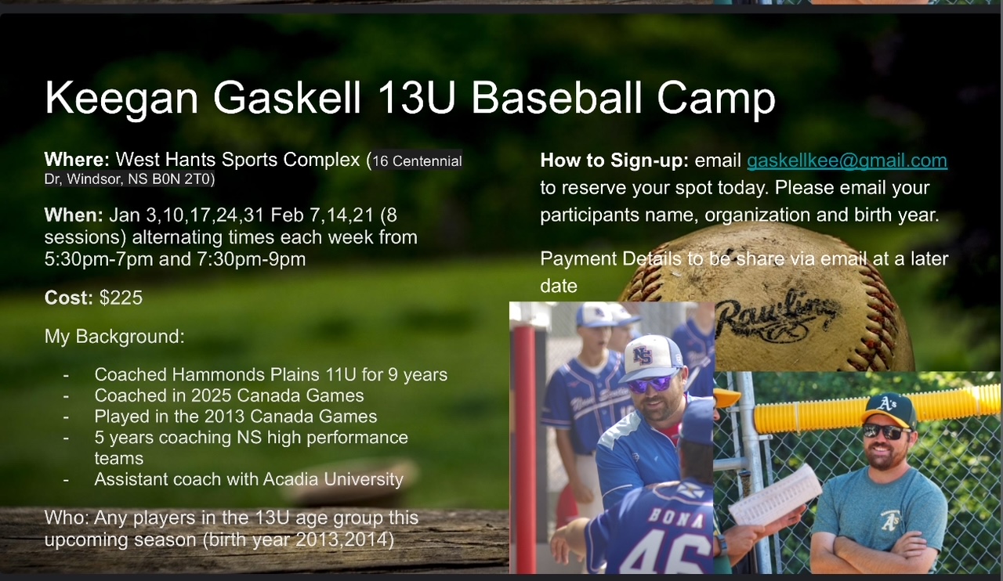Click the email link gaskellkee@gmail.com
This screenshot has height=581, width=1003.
[847, 161]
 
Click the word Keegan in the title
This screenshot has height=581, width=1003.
[121, 99]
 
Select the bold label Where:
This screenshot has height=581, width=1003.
[77, 160]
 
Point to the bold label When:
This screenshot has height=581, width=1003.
[74, 215]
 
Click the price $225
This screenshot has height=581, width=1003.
[121, 298]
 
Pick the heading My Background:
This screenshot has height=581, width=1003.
[114, 336]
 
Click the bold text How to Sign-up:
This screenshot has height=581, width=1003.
[614, 161]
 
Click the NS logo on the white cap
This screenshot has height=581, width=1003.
[643, 355]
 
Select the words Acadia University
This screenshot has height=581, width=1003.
[333, 479]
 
